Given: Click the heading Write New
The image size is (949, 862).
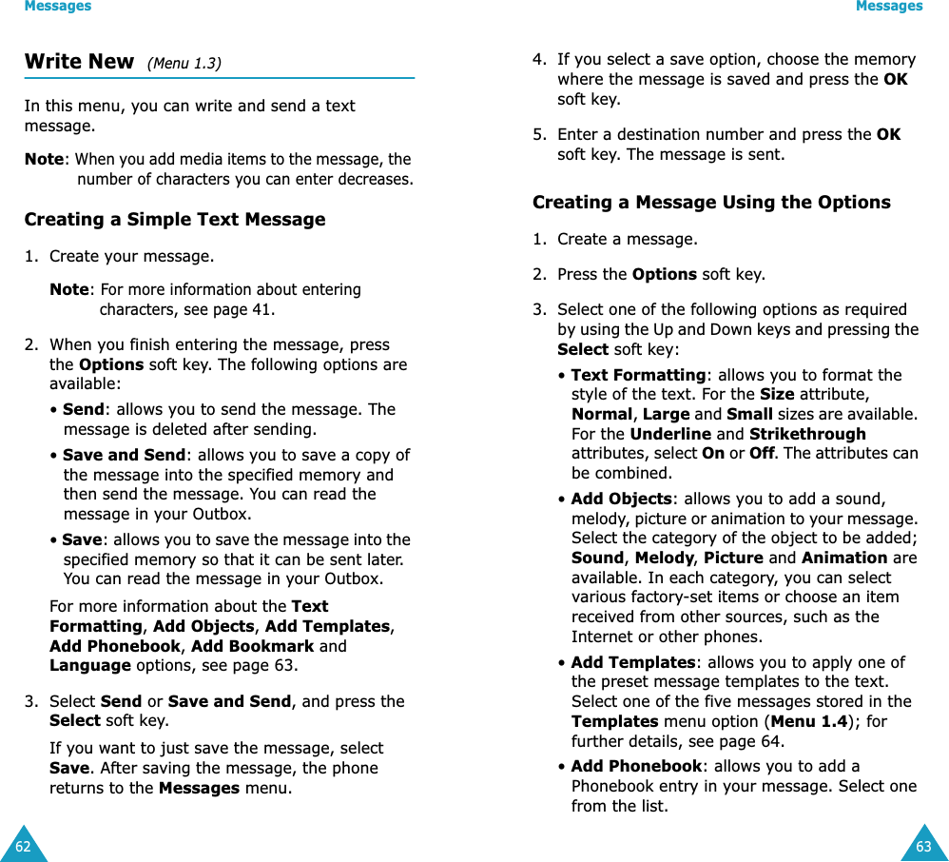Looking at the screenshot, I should pyautogui.click(x=79, y=62).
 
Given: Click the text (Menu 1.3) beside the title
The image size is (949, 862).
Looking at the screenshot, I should pyautogui.click(x=184, y=64).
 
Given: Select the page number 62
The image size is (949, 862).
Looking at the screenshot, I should pyautogui.click(x=22, y=846).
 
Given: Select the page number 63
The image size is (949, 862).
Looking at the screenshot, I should pyautogui.click(x=923, y=846).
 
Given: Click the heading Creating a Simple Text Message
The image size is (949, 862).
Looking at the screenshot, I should pyautogui.click(x=174, y=220).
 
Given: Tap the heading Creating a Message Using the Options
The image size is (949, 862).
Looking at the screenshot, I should pyautogui.click(x=711, y=202).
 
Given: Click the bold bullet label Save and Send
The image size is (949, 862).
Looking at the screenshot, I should pyautogui.click(x=124, y=455).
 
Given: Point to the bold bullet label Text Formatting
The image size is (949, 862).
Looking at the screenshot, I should pyautogui.click(x=638, y=375).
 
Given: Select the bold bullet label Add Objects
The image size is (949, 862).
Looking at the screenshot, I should pyautogui.click(x=621, y=499).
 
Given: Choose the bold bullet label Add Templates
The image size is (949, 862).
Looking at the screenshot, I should pyautogui.click(x=632, y=662).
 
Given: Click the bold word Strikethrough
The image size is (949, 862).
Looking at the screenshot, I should pyautogui.click(x=807, y=434).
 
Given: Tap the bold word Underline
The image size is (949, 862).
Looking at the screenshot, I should pyautogui.click(x=670, y=434).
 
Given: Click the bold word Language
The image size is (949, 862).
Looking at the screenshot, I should pyautogui.click(x=90, y=665).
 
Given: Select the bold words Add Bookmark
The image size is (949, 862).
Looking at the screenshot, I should pyautogui.click(x=253, y=646).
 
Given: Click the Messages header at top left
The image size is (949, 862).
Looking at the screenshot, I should pyautogui.click(x=57, y=7).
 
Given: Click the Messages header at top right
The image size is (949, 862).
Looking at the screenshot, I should pyautogui.click(x=888, y=7).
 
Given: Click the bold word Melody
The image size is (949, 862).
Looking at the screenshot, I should pyautogui.click(x=665, y=558).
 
